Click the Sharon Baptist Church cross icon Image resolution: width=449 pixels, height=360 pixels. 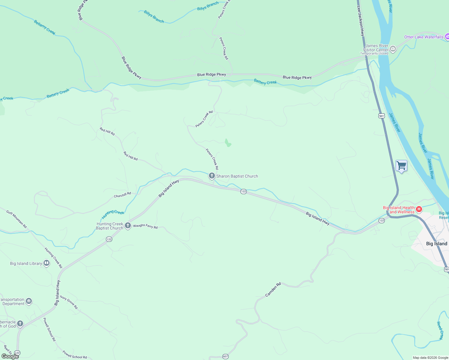click(x=212, y=176)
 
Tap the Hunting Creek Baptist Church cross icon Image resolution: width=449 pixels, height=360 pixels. click(x=128, y=226)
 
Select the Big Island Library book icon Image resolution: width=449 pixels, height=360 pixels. click(x=47, y=263)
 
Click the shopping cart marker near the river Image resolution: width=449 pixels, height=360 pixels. click(x=401, y=166)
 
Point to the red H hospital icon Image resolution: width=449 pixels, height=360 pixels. click(x=419, y=209)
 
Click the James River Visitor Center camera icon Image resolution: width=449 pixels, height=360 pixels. click(x=393, y=49)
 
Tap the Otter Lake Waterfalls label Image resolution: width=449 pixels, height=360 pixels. click(x=423, y=37)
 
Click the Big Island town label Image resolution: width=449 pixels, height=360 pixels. click(x=436, y=244)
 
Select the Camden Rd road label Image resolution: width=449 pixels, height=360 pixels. click(x=273, y=289)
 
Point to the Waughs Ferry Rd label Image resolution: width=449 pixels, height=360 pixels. click(x=145, y=226)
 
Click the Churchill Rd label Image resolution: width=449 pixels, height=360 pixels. click(x=122, y=195)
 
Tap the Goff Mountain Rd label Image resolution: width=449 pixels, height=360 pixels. click(x=17, y=219)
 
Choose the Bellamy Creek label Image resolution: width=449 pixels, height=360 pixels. click(x=44, y=27)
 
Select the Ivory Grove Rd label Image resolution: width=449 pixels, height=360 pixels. click(x=69, y=302)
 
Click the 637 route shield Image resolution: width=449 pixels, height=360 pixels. click(x=226, y=356)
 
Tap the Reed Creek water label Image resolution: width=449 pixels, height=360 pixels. click(x=440, y=331)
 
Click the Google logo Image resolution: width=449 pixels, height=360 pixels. click(x=10, y=356)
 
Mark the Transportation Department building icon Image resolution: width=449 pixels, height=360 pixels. click(x=29, y=301)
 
